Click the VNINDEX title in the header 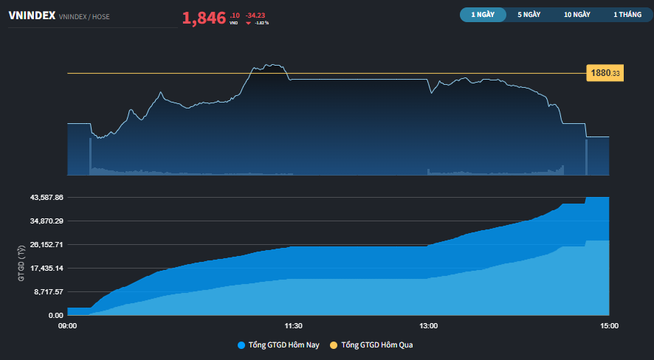(x=31, y=15)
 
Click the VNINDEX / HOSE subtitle (x=83, y=16)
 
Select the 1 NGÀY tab (x=483, y=14)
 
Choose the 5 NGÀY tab (x=530, y=14)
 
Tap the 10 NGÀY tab (x=576, y=14)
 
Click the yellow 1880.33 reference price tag (x=605, y=73)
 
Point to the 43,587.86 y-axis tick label (x=46, y=198)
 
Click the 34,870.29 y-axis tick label (x=46, y=221)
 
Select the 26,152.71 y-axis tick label (x=46, y=244)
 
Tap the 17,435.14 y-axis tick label (x=46, y=268)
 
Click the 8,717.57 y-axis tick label (x=48, y=291)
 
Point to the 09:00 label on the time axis (x=67, y=325)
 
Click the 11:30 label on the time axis (x=293, y=325)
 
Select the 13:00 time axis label (x=428, y=325)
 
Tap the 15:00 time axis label (x=609, y=325)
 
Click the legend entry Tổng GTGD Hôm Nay (x=278, y=345)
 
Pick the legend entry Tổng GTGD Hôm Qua (x=377, y=345)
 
